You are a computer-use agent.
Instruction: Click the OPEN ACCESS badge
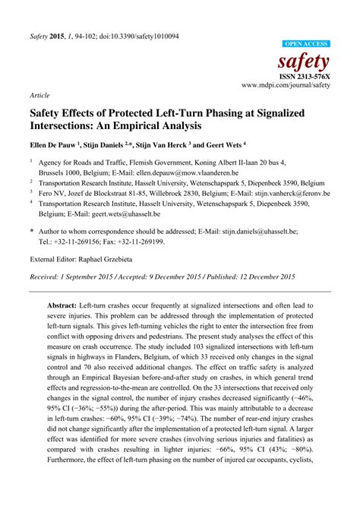[x=305, y=45]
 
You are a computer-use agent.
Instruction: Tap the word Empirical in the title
[x=149, y=126]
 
